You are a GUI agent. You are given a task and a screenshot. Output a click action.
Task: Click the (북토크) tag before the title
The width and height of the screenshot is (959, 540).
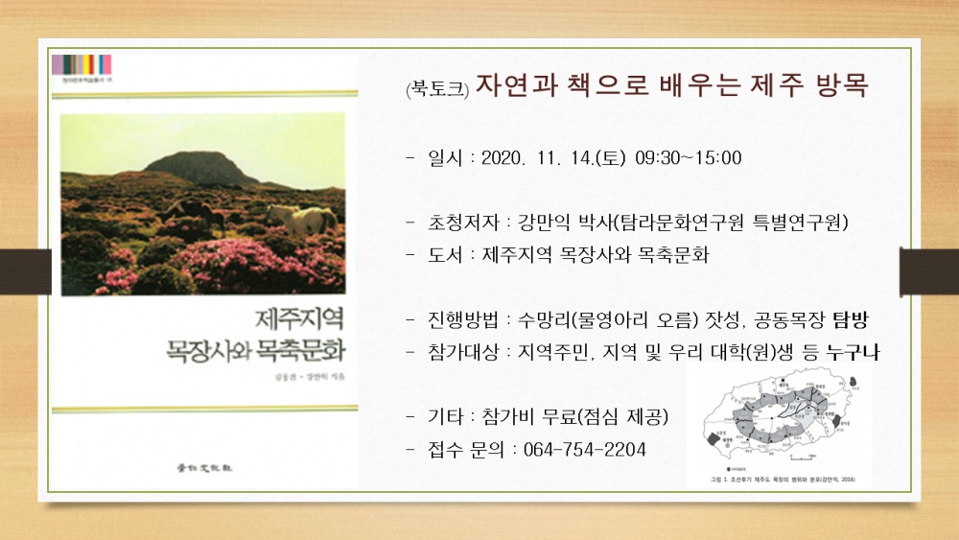[x=436, y=89]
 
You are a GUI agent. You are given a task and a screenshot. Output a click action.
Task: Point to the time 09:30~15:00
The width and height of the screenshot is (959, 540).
[x=689, y=157]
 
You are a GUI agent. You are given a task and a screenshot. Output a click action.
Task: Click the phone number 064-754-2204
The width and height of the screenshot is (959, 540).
[x=584, y=449]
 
